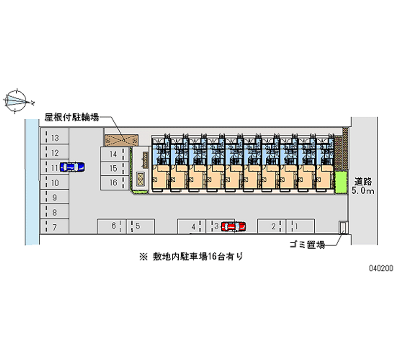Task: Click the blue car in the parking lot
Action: coord(72,167)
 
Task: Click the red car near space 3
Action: coord(234,226)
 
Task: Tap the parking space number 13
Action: coord(55,138)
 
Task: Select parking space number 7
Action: coord(55,227)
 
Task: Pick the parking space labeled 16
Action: coord(113,182)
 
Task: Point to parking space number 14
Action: coord(113,154)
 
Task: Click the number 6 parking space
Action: coord(113,226)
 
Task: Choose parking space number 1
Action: coord(296,226)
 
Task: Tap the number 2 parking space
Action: coord(273,226)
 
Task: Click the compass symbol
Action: coord(18,102)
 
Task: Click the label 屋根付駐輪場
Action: coord(72,117)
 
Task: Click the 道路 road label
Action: coord(363,181)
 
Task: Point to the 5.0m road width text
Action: coord(363,191)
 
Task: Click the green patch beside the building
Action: coord(340,182)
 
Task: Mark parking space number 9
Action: coord(55,198)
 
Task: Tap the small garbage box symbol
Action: coord(342,228)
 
